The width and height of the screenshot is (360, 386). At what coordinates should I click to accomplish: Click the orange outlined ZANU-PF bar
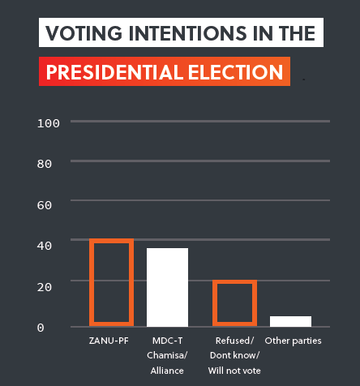tap(111, 281)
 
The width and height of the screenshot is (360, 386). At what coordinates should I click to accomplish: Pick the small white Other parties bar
tap(290, 320)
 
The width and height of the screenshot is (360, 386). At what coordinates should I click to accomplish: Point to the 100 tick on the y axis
tap(49, 122)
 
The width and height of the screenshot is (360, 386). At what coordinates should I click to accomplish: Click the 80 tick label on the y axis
tap(45, 163)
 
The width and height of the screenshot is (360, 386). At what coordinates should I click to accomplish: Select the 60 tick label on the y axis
tap(45, 204)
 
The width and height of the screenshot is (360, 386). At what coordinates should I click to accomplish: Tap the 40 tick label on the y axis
tap(45, 245)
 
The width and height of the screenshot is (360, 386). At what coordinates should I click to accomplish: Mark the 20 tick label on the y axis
tap(45, 285)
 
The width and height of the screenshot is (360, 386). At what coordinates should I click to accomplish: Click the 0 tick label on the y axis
tap(49, 326)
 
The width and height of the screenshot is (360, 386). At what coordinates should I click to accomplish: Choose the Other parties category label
tap(294, 341)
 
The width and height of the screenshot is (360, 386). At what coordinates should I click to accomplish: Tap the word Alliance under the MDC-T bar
tap(166, 371)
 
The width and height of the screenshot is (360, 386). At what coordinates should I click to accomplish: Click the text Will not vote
tap(236, 371)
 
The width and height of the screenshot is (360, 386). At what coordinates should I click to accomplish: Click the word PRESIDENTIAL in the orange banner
tap(112, 72)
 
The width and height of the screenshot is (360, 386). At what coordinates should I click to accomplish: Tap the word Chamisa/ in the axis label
tap(166, 356)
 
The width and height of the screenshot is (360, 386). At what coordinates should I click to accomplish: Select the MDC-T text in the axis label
tap(166, 341)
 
